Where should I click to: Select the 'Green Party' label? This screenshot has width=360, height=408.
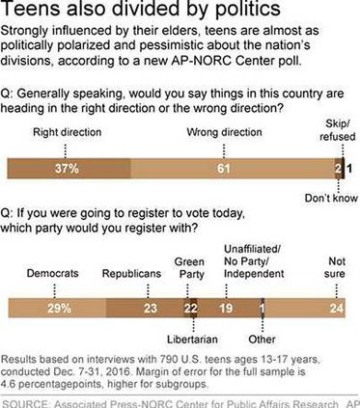(192, 267)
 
